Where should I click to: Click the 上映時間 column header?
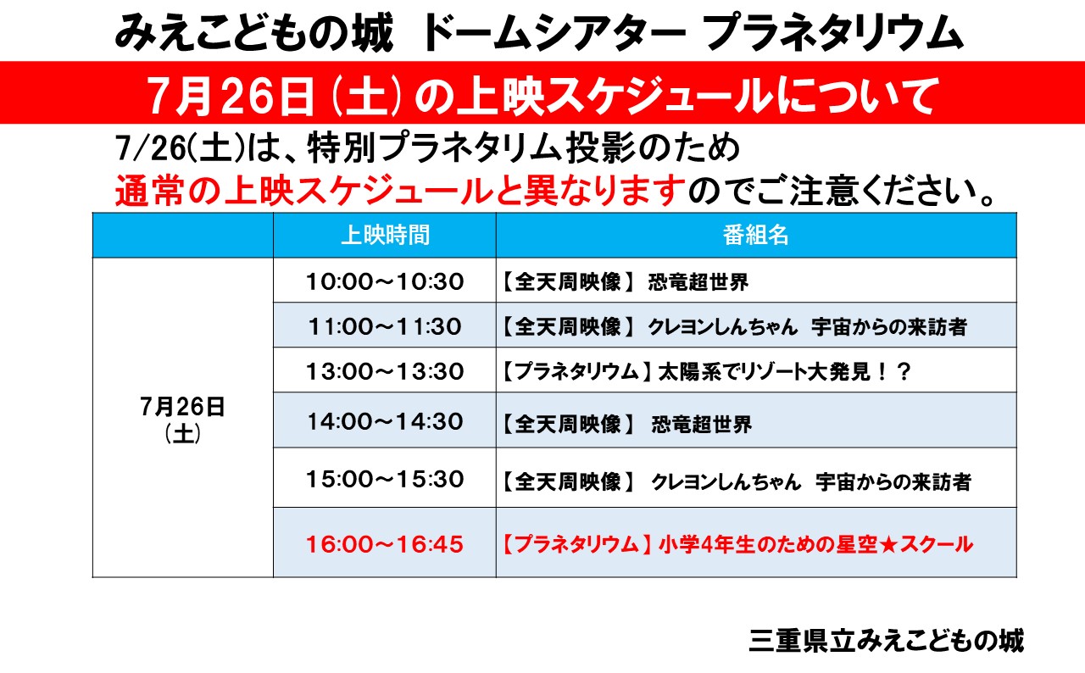pyautogui.click(x=385, y=236)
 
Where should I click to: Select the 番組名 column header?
pyautogui.click(x=755, y=236)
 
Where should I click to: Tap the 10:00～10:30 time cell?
pyautogui.click(x=385, y=281)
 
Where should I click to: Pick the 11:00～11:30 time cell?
pyautogui.click(x=385, y=326)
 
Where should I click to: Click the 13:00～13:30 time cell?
pyautogui.click(x=385, y=371)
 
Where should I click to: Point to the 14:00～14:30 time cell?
pyautogui.click(x=385, y=421)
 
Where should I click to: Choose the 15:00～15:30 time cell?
pyautogui.click(x=385, y=479)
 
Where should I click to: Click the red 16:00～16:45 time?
pyautogui.click(x=385, y=544)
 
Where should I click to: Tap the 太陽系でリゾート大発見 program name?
pyautogui.click(x=765, y=372)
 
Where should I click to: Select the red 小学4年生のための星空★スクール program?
pyautogui.click(x=815, y=545)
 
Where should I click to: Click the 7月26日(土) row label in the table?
pyautogui.click(x=182, y=420)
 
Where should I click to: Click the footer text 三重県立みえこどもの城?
pyautogui.click(x=887, y=640)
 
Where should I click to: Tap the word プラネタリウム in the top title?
pyautogui.click(x=832, y=33)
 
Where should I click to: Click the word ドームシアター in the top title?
pyautogui.click(x=554, y=33)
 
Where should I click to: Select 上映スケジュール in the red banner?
pyautogui.click(x=615, y=97)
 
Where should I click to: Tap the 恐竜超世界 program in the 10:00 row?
pyautogui.click(x=698, y=281)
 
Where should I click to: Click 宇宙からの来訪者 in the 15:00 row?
pyautogui.click(x=893, y=481)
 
